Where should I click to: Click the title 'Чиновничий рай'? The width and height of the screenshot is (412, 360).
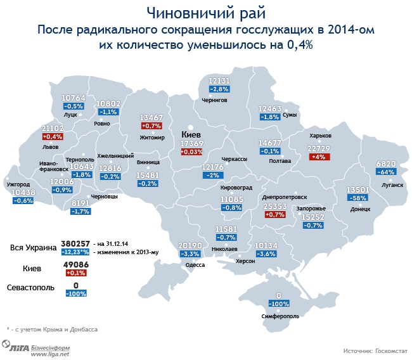pos(205,13)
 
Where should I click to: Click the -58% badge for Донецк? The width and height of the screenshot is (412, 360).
pos(356,198)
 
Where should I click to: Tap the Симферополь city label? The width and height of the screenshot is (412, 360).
pos(279,315)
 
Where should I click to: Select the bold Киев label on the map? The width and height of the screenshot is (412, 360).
pos(191,135)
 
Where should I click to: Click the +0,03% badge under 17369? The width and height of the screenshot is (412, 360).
pos(191,152)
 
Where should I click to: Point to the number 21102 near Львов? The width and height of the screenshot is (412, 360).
pos(52,128)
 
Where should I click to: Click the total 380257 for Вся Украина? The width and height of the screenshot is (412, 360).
pos(75,243)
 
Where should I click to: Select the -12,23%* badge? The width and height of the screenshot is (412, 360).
pos(75,252)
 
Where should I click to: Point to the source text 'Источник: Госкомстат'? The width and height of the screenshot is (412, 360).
pos(375,350)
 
